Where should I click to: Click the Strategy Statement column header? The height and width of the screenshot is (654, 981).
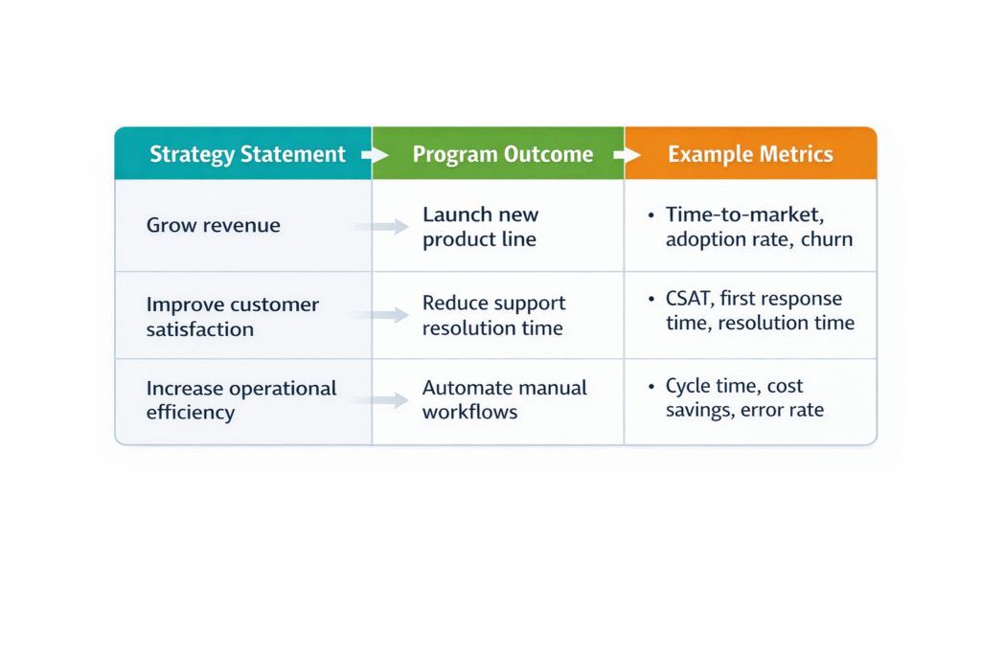[x=247, y=154]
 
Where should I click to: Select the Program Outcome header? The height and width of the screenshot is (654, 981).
[x=502, y=154]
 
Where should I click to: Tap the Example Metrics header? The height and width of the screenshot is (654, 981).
[x=750, y=154]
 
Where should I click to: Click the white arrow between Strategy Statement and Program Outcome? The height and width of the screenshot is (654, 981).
[x=375, y=154]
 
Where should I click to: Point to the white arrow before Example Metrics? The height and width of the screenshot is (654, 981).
[x=627, y=154]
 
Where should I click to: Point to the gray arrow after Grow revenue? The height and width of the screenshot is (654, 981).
[x=379, y=226]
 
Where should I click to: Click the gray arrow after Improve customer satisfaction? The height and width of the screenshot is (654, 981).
[x=379, y=314]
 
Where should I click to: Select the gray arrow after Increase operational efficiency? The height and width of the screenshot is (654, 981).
[x=379, y=400]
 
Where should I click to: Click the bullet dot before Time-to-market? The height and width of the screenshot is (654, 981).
[x=651, y=215]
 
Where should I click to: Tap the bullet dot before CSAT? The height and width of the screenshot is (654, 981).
[x=651, y=299]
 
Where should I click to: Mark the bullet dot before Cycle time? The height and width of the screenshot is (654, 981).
[x=651, y=387]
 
